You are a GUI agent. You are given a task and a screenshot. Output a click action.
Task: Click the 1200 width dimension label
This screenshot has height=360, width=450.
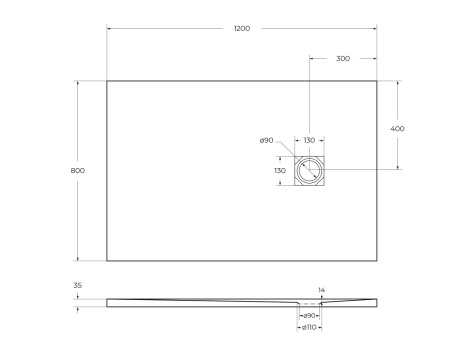(x=241, y=30)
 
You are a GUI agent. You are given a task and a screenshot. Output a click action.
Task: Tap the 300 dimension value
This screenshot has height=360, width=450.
(x=343, y=59)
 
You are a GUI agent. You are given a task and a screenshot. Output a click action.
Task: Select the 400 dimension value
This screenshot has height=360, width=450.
(x=398, y=128)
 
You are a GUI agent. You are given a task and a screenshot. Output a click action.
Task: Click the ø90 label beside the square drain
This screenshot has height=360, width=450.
(x=267, y=141)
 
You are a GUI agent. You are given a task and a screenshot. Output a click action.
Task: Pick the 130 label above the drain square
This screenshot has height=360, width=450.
(x=309, y=141)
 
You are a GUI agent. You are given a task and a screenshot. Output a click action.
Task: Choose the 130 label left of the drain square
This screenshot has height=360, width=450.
(x=281, y=171)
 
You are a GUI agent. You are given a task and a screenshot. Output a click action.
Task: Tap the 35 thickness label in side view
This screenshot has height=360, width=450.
(x=78, y=285)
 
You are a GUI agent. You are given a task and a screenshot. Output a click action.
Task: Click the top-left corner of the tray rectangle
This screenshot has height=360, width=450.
(x=107, y=81)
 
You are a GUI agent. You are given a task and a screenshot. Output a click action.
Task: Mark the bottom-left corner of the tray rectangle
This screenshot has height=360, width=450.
(x=107, y=262)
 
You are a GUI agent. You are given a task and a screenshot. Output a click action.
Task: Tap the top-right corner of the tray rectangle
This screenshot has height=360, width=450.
(x=377, y=81)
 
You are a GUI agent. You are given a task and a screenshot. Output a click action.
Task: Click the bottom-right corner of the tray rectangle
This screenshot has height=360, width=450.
(x=377, y=262)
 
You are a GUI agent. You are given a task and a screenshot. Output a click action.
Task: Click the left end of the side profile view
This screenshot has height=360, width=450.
(x=108, y=301)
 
